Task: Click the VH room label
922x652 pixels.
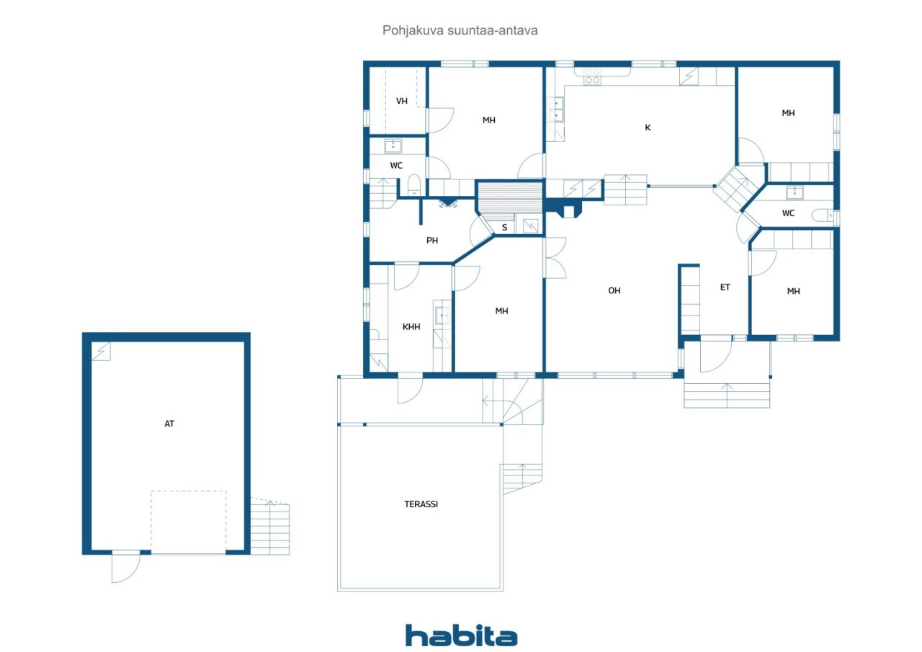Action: [x=401, y=101]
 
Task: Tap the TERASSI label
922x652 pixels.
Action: [x=421, y=504]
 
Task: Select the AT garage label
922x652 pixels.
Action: [x=169, y=424]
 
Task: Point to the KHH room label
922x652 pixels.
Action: [x=411, y=327]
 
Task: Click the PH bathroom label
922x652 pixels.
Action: [x=431, y=241]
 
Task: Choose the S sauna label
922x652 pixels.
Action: [x=504, y=228]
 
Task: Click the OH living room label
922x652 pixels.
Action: [x=614, y=290]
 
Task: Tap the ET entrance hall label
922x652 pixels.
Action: [x=725, y=287]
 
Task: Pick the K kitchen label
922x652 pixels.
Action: [x=648, y=128]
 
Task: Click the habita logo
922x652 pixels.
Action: [x=461, y=635]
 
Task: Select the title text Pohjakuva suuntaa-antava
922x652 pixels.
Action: [x=460, y=30]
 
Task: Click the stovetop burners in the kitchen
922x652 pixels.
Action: [x=592, y=76]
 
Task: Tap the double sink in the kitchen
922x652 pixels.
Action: [x=557, y=110]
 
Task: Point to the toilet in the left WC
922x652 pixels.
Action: [x=413, y=185]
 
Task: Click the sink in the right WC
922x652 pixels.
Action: [x=795, y=192]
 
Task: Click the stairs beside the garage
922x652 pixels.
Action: [x=270, y=527]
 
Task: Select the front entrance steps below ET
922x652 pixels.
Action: [x=727, y=396]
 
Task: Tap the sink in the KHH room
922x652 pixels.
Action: [x=442, y=316]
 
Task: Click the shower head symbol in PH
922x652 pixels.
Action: [x=447, y=203]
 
